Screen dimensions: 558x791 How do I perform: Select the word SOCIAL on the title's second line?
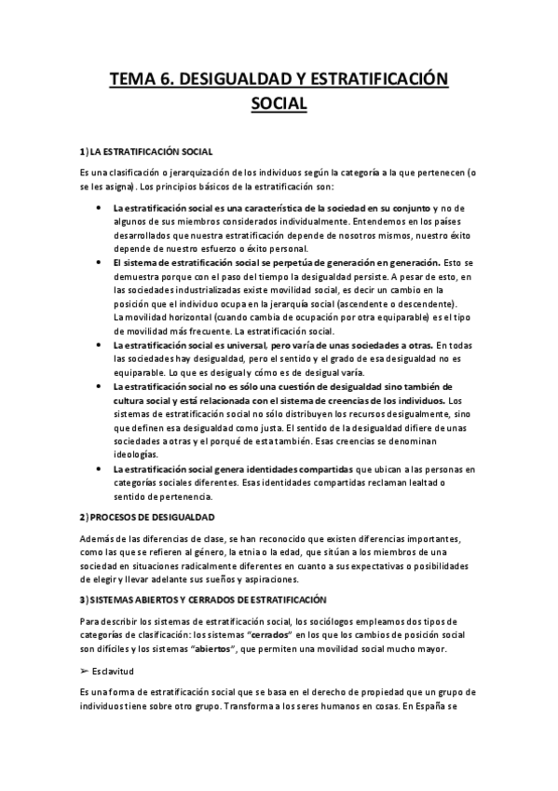pos(279,104)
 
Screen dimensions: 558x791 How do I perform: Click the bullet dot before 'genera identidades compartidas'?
pos(98,467)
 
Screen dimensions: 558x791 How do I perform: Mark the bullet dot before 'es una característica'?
pos(98,208)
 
